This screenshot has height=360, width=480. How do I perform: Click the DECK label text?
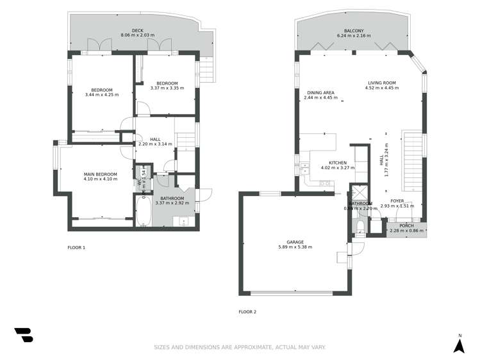138,30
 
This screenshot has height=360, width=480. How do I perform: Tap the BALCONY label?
354,31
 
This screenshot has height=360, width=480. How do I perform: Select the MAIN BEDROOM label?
100,174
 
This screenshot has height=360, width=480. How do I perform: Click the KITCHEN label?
338,163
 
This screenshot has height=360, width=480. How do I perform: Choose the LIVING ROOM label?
382,83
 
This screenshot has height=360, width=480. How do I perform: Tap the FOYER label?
397,200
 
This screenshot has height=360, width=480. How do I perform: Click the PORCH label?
406,225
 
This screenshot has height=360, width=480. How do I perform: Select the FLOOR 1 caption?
76,247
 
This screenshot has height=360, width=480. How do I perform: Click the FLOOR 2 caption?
247,312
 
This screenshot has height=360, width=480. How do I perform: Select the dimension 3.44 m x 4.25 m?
102,95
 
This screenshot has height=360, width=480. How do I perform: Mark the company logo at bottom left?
23,335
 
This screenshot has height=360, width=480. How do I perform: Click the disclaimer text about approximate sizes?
240,348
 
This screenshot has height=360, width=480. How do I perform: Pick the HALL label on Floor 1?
156,138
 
